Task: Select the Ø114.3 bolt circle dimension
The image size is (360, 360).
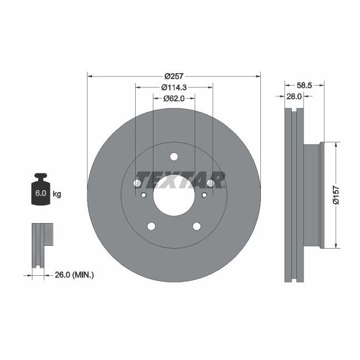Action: (x=174, y=87)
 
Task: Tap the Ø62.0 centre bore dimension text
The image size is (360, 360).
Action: (x=174, y=98)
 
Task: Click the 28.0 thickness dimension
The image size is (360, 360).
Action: (x=293, y=96)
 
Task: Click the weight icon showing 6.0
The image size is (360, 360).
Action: (x=40, y=192)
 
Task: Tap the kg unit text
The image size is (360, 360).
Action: (x=56, y=194)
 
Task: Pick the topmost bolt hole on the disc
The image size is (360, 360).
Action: (x=174, y=156)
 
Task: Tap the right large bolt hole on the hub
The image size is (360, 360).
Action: (x=210, y=183)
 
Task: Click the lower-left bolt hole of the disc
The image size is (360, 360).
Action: (x=151, y=226)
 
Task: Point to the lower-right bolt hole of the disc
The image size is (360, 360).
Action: (x=197, y=226)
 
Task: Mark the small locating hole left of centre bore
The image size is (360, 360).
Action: (x=144, y=195)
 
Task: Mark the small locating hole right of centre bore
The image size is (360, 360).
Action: (x=204, y=195)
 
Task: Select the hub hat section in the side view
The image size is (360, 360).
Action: (x=313, y=195)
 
